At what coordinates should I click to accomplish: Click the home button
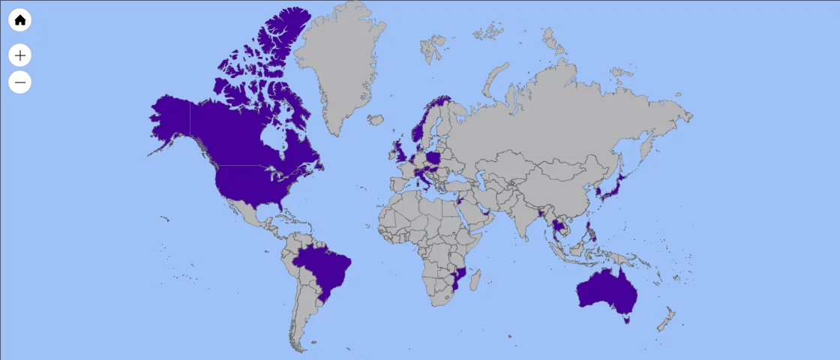point(20,20)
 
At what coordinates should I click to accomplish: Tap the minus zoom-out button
point(20,82)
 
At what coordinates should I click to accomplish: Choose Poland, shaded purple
point(434,159)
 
